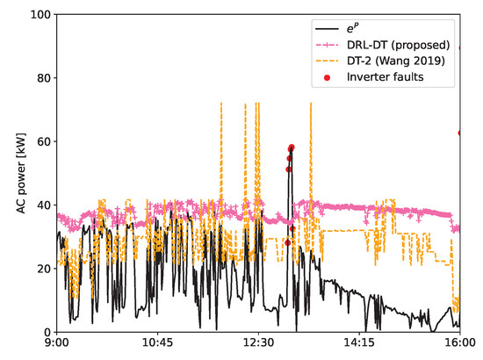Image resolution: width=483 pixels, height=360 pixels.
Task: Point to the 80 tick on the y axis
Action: point(38,78)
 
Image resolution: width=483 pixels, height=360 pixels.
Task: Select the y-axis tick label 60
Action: point(38,141)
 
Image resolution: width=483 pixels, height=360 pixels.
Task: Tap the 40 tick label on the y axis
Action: point(38,205)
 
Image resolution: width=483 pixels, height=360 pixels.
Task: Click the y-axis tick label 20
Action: point(38,268)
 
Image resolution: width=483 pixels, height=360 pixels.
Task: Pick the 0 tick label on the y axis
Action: point(41,331)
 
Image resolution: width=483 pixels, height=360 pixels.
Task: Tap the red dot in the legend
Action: point(329,78)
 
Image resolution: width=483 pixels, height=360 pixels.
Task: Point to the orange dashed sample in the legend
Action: point(329,61)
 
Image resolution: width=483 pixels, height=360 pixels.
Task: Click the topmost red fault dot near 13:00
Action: point(292,148)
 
